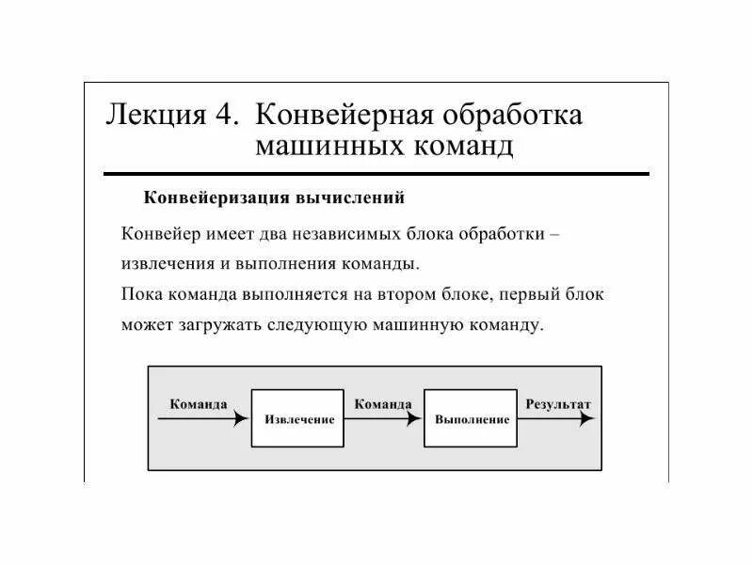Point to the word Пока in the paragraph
tap(141, 294)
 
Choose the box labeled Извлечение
tap(299, 418)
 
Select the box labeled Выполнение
tap(472, 418)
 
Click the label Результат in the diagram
tap(559, 404)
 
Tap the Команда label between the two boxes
tap(383, 404)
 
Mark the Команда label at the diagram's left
tap(199, 404)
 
